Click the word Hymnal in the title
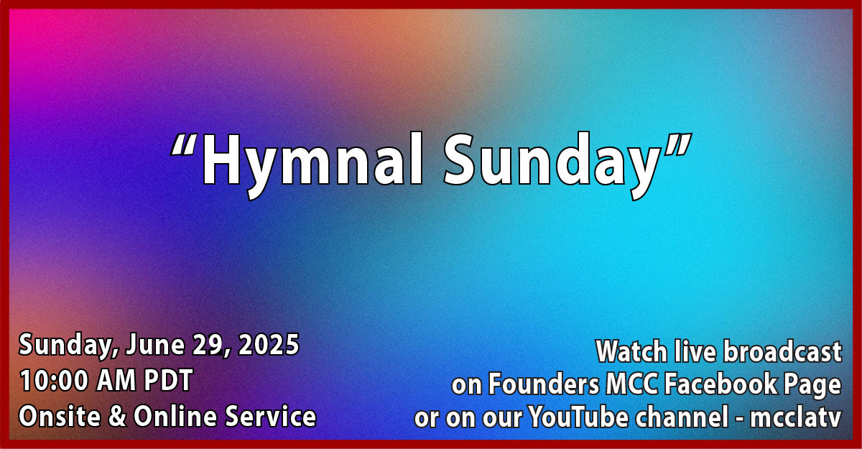[312, 165]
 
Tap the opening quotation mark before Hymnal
[185, 144]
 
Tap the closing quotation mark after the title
[678, 144]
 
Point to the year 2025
[269, 344]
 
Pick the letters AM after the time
[116, 381]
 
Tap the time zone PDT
[168, 381]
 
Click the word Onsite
[60, 416]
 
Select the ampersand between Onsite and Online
[117, 416]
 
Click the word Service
[271, 416]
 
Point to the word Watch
[632, 351]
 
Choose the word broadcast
[782, 351]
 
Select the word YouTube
[579, 417]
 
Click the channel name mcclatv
[795, 417]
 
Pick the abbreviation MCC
[632, 384]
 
